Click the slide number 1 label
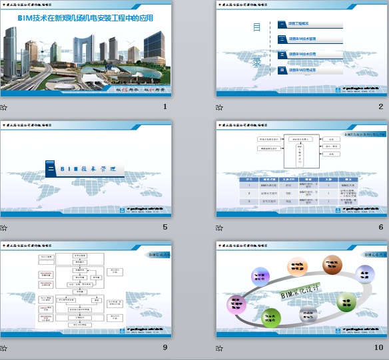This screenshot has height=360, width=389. coord(165,106)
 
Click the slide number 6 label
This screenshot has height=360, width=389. coord(381,227)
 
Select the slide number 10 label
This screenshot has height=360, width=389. coord(379,347)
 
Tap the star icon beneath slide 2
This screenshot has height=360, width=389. coord(220,107)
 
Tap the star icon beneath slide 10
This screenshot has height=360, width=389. coord(220,348)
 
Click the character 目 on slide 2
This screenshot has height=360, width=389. coord(256,27)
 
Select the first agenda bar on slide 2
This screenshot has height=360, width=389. coord(310,25)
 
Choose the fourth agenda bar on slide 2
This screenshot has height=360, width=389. coord(310,69)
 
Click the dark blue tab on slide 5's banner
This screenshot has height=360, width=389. coord(50,169)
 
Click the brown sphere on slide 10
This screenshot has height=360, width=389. coord(332,264)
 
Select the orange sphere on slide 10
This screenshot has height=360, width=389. coord(297,268)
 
